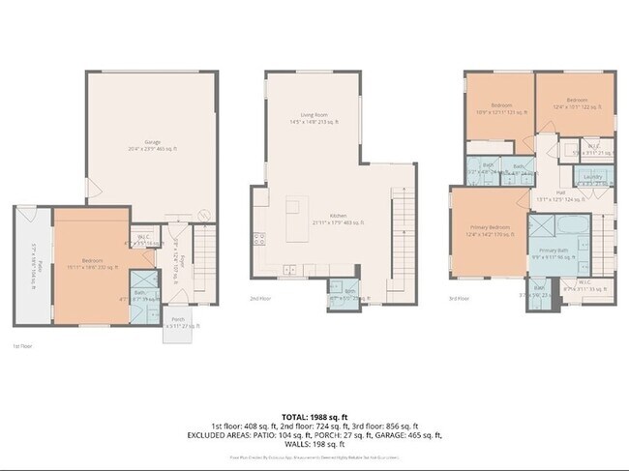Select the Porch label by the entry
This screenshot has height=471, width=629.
click(x=178, y=321)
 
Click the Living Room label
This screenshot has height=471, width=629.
click(x=311, y=115)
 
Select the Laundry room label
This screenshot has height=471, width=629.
click(x=593, y=177)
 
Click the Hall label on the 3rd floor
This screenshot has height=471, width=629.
click(x=560, y=192)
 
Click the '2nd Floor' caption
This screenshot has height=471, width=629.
click(x=259, y=299)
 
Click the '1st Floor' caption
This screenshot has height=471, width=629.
click(x=22, y=345)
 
